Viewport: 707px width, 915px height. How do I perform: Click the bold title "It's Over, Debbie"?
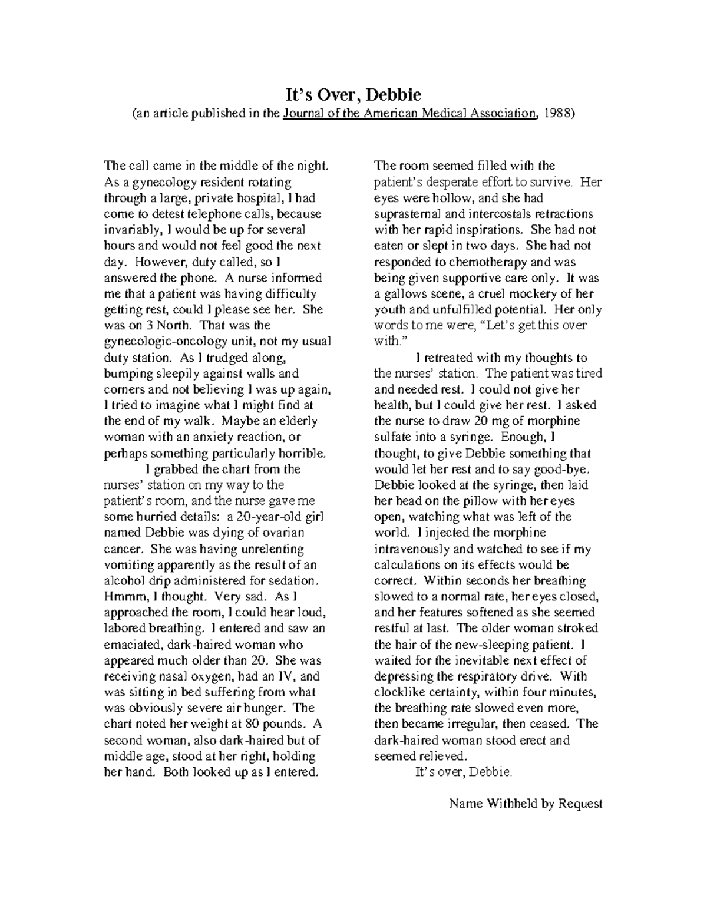pyautogui.click(x=353, y=95)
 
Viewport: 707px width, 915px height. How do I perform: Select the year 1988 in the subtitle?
pyautogui.click(x=558, y=114)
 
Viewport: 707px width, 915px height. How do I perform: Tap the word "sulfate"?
pyautogui.click(x=392, y=437)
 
